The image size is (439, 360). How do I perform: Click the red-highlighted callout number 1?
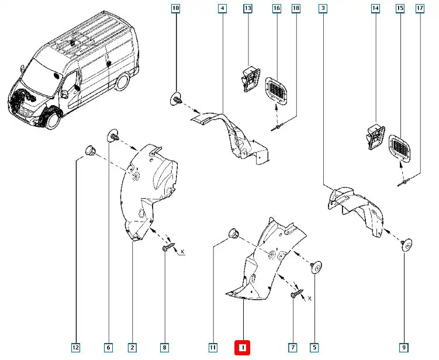(242, 348)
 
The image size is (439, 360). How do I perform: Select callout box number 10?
(175, 8)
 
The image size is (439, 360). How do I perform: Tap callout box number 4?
(222, 8)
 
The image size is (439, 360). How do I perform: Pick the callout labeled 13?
(247, 8)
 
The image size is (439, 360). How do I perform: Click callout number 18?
(296, 8)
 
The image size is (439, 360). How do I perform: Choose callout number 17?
(419, 8)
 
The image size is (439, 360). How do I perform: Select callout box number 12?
(76, 348)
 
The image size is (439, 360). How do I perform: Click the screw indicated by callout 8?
(165, 249)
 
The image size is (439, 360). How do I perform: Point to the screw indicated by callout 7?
(294, 295)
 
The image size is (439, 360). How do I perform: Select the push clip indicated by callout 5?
(316, 266)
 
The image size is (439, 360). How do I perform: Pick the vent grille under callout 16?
(276, 92)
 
